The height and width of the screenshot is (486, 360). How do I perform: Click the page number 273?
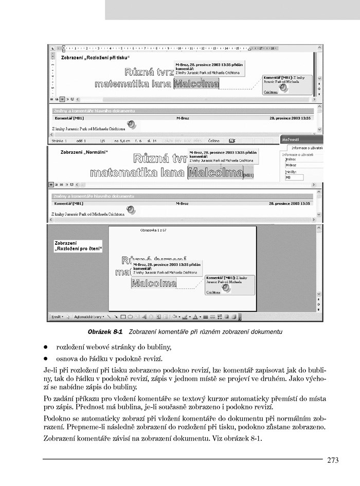tap(333, 460)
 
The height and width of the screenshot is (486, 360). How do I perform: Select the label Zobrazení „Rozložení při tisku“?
tap(95, 58)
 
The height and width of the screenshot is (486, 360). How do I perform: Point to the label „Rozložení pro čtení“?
tap(78, 249)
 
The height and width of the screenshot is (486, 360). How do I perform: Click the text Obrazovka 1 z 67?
tap(153, 230)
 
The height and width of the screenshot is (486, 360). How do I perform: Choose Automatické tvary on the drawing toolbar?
tap(88, 317)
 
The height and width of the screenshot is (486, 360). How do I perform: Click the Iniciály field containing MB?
tap(294, 177)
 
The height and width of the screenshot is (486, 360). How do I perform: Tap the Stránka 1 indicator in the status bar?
tap(59, 140)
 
